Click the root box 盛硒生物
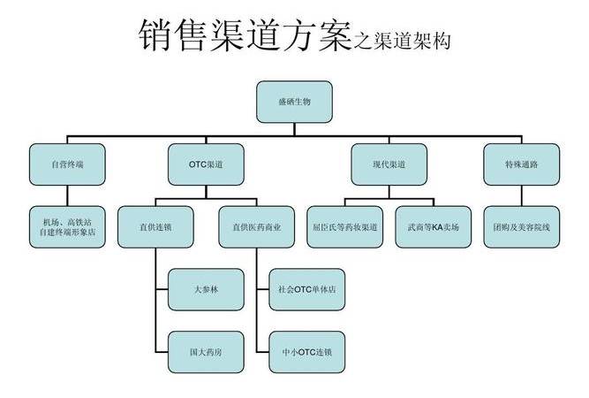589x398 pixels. coord(294,102)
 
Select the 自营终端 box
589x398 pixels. coord(68,165)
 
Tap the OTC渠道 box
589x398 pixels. coord(206,165)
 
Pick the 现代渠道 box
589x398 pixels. coord(389,165)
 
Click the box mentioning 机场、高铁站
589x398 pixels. coord(68,227)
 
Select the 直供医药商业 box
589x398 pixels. coord(257,227)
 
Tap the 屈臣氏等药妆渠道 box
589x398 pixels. coord(345,227)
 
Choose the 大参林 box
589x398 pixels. coord(205,289)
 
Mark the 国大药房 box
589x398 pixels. coord(205,352)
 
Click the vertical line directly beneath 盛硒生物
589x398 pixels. coord(294,131)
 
